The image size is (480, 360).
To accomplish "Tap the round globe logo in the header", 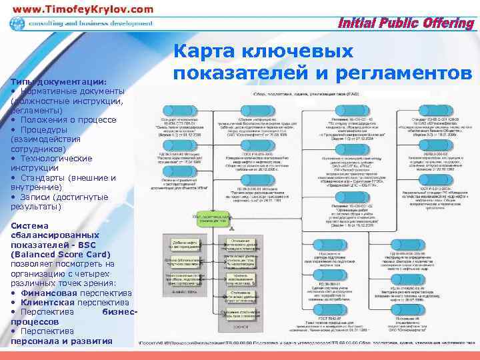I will click(x=17, y=25).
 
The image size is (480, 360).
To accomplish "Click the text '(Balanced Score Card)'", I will click(x=61, y=254).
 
